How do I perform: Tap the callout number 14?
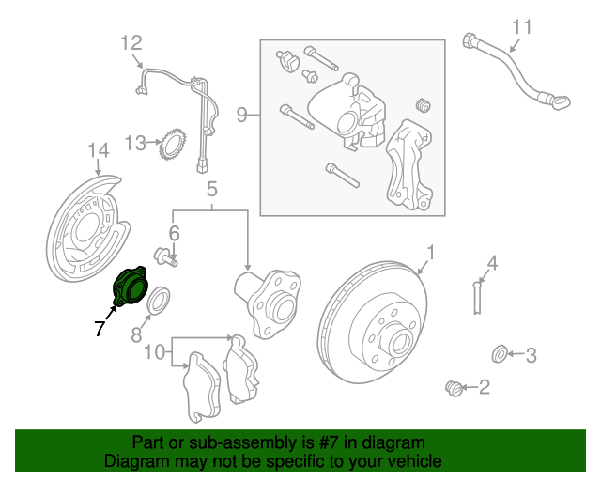pyautogui.click(x=99, y=150)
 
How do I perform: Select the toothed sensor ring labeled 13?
pyautogui.click(x=173, y=145)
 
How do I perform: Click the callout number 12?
pyautogui.click(x=131, y=42)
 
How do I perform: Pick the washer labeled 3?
pyautogui.click(x=500, y=354)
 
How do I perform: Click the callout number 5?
pyautogui.click(x=212, y=188)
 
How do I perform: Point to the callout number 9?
pyautogui.click(x=241, y=116)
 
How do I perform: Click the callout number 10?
pyautogui.click(x=155, y=352)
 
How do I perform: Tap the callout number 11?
pyautogui.click(x=522, y=26)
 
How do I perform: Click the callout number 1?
pyautogui.click(x=431, y=252)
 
